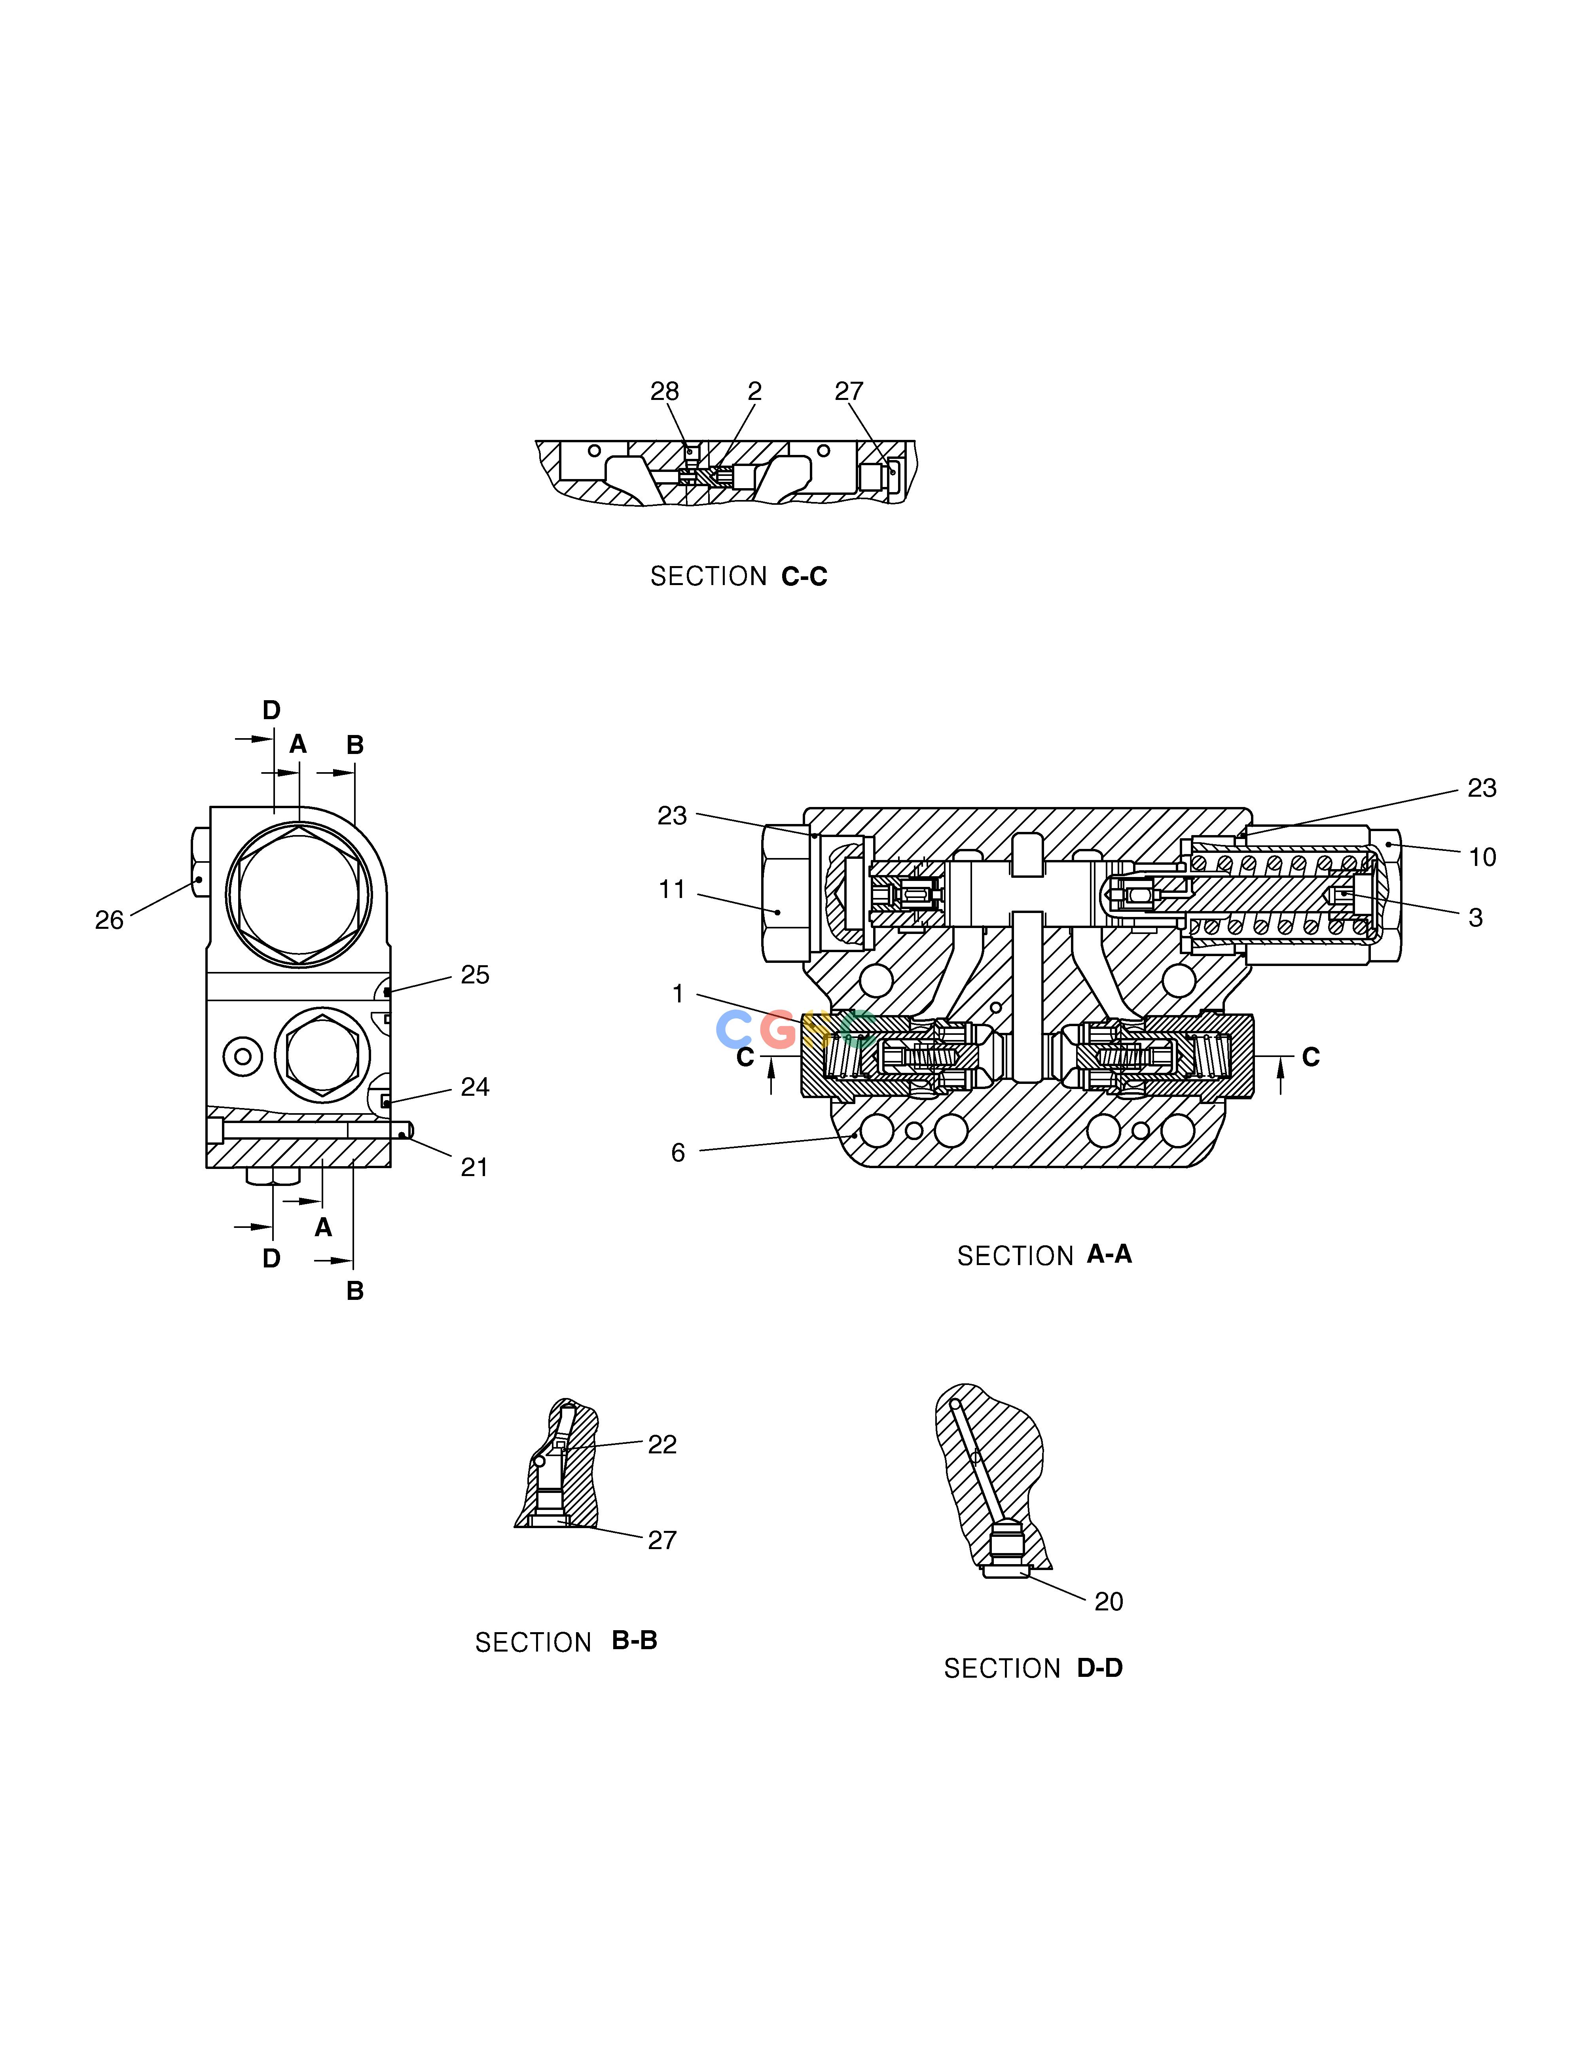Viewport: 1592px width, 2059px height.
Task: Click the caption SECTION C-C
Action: [x=739, y=576]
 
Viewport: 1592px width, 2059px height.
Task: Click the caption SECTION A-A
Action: [x=1044, y=1255]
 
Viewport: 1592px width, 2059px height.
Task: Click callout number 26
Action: [x=110, y=920]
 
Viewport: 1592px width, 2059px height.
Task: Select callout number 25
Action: [x=475, y=975]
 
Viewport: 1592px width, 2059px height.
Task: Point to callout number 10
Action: [x=1482, y=857]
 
